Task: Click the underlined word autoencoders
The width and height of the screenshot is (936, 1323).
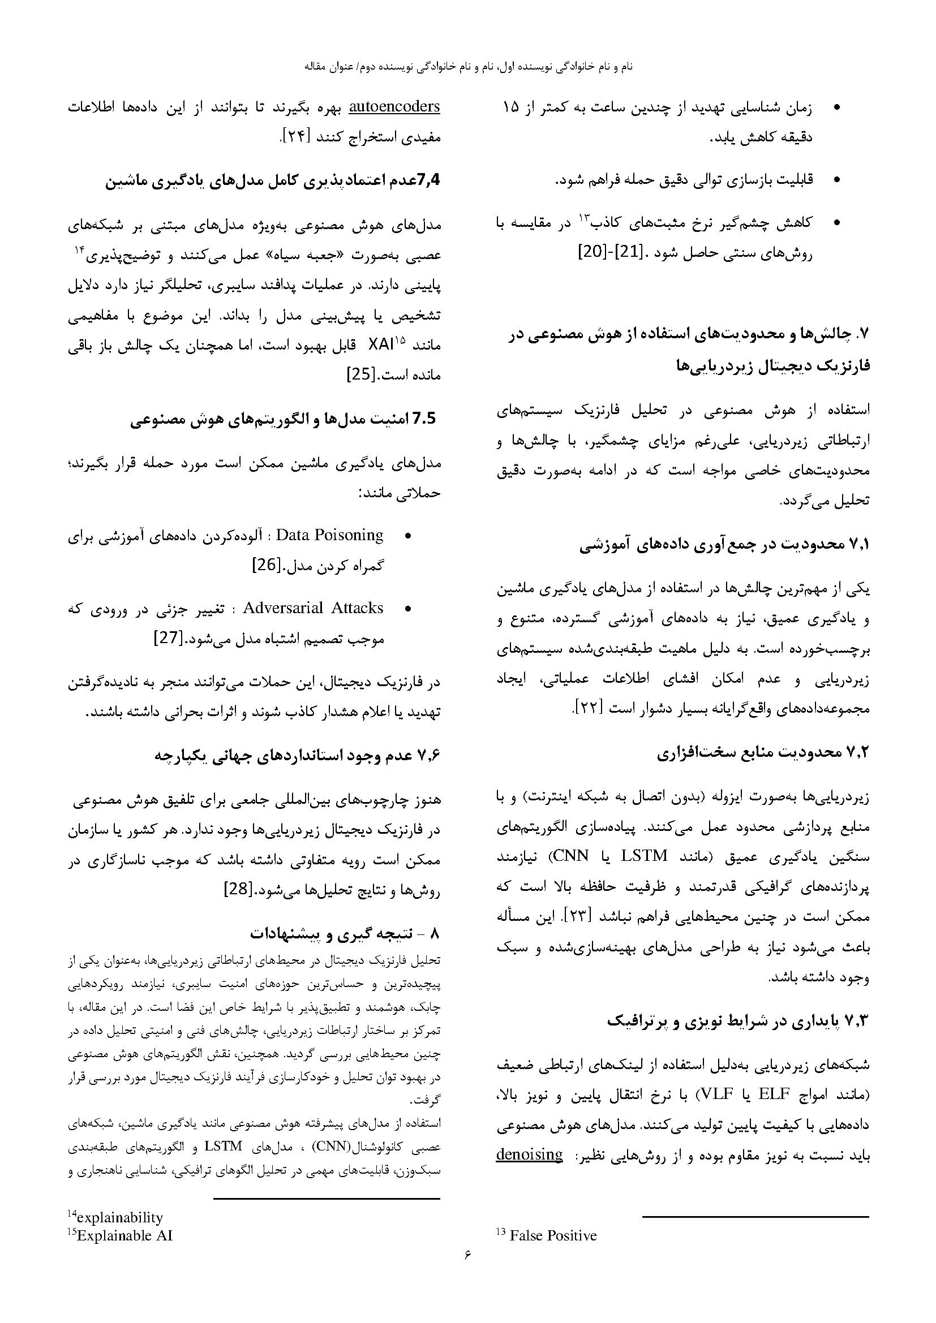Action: pos(395,106)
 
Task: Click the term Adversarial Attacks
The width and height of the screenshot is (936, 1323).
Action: pos(313,608)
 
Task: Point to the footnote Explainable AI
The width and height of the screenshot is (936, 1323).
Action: pos(124,1235)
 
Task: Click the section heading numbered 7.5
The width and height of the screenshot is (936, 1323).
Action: pos(285,419)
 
